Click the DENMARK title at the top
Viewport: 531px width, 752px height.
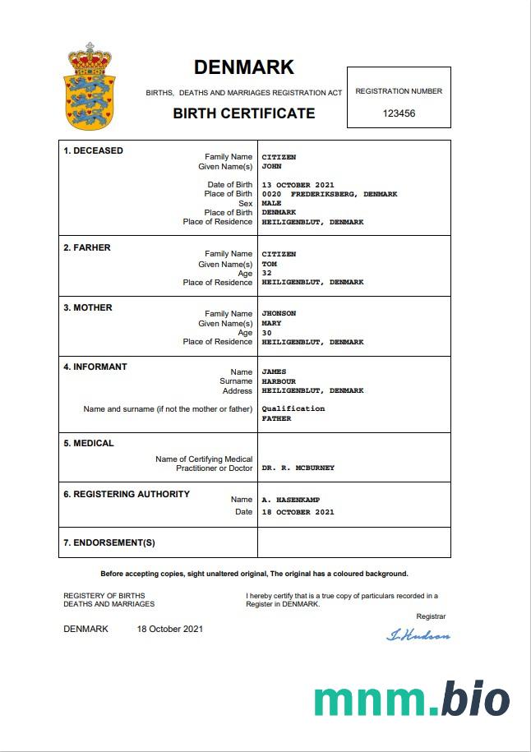244,67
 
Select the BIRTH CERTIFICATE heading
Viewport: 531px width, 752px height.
244,113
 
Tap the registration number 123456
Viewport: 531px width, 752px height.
399,113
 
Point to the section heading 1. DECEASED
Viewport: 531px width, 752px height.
93,150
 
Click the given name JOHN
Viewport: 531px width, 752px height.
271,166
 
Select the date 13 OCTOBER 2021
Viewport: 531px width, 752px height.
298,185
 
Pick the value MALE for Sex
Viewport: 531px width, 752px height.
271,203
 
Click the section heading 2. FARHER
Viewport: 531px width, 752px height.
87,247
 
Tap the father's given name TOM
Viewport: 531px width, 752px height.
269,264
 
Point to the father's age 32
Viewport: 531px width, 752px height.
266,273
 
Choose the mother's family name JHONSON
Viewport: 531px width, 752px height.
279,313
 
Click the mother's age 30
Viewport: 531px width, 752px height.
266,333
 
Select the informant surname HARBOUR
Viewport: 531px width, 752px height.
279,381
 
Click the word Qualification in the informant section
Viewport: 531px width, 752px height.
293,408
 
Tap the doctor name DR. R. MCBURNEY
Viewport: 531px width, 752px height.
298,468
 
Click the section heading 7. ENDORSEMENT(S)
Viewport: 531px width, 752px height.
109,542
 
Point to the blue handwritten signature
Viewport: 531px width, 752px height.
418,634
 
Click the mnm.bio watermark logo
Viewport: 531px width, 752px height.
411,699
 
